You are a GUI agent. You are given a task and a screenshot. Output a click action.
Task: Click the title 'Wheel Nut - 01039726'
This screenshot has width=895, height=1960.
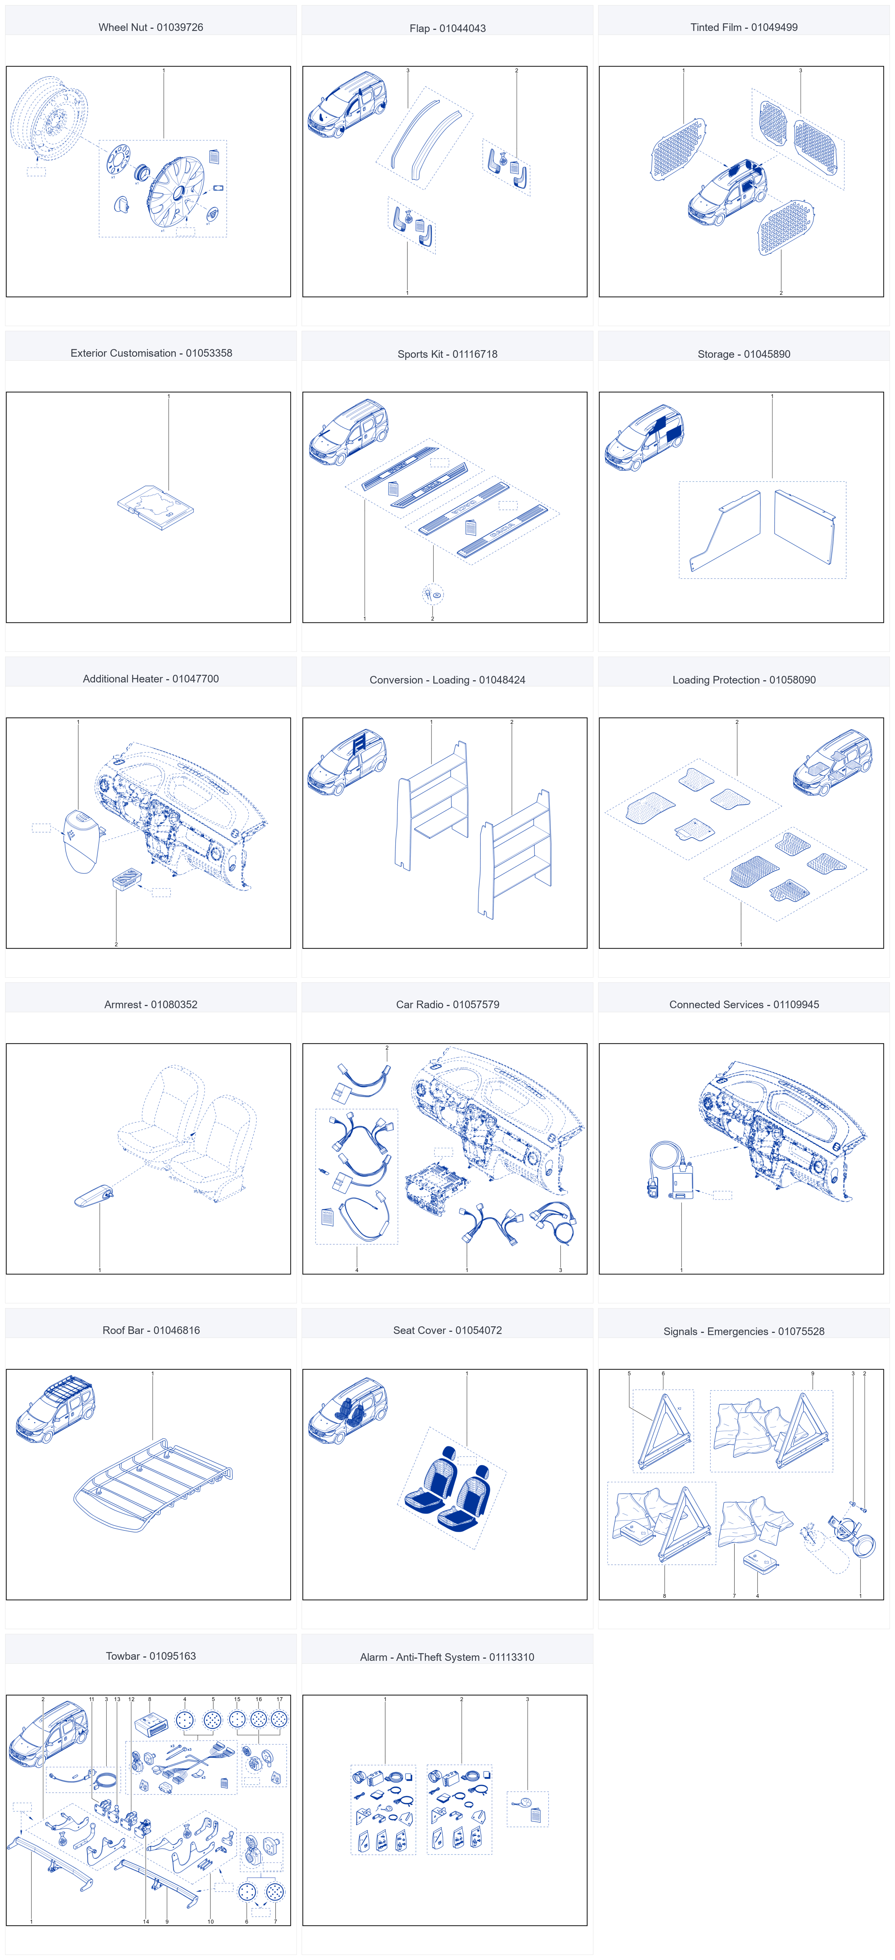coord(151,27)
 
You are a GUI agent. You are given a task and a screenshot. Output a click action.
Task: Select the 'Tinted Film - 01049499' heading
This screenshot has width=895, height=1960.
coord(744,27)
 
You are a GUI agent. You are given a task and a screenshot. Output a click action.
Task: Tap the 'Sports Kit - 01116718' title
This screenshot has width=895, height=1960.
coord(447,354)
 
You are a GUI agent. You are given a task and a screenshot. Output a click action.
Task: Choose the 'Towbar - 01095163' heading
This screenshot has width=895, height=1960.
coord(151,1656)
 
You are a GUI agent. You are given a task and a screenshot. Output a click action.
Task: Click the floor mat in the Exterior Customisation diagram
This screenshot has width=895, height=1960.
coord(156,507)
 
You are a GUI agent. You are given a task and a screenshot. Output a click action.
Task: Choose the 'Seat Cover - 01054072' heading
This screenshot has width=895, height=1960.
coord(447,1330)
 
